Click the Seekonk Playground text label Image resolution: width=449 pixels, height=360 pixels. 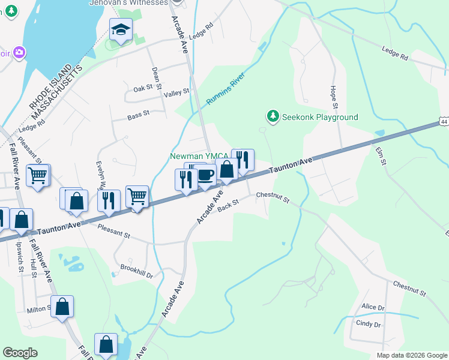pyautogui.click(x=321, y=117)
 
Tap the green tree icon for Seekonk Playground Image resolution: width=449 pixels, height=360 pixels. pyautogui.click(x=273, y=115)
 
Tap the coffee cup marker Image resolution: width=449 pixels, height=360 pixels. pyautogui.click(x=205, y=175)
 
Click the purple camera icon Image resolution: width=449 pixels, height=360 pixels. pyautogui.click(x=19, y=53)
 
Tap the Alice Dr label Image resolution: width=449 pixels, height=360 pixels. pyautogui.click(x=373, y=307)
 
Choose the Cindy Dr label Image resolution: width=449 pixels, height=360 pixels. pyautogui.click(x=369, y=325)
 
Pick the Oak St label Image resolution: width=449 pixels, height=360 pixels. pyautogui.click(x=143, y=88)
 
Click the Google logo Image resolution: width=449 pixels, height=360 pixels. pyautogui.click(x=21, y=353)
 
